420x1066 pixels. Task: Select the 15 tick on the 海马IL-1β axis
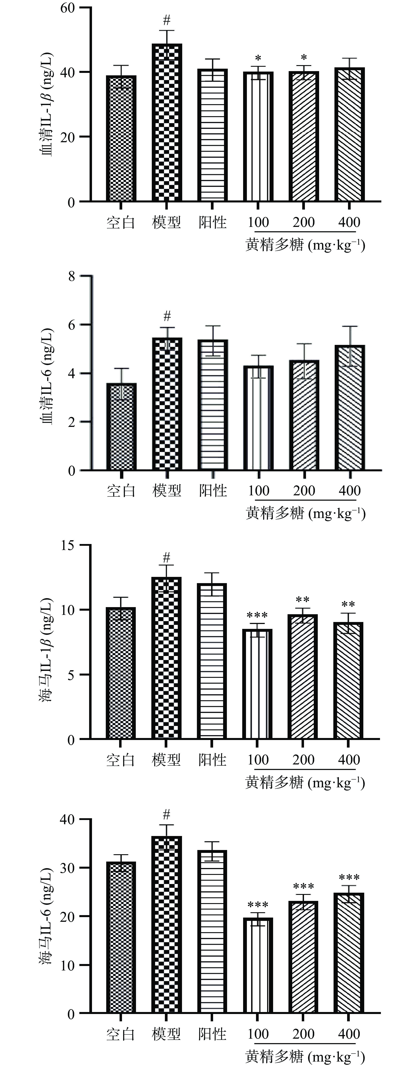point(68,545)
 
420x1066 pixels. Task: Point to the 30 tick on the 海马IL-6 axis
point(68,868)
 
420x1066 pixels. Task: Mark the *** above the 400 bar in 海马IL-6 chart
point(349,878)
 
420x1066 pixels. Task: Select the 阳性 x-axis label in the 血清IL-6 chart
point(213,491)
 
